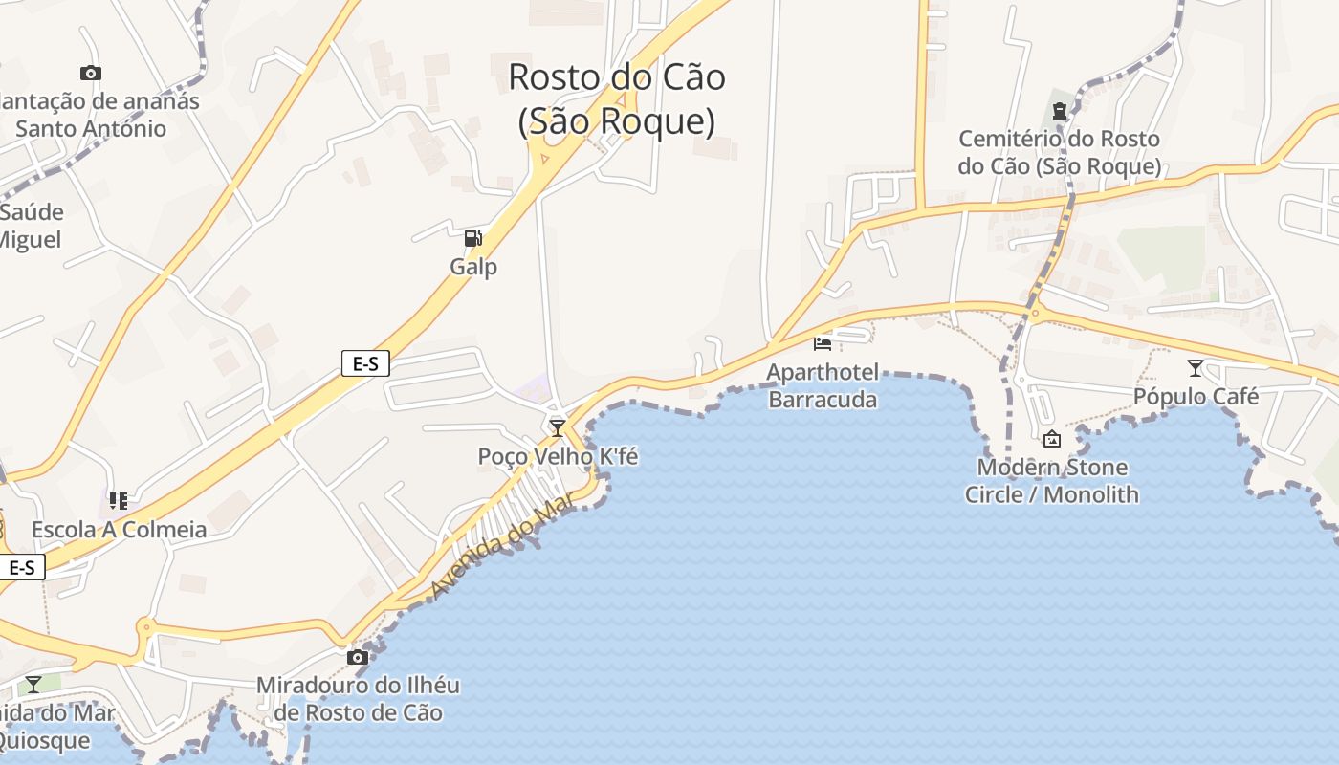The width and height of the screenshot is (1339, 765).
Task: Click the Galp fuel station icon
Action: [x=472, y=238]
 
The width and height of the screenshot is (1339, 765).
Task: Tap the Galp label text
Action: [x=473, y=266]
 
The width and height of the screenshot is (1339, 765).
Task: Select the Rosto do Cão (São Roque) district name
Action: [x=617, y=98]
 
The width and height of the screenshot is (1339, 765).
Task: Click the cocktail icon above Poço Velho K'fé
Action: [x=557, y=427]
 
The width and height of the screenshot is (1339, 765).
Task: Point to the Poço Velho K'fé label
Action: [x=558, y=457]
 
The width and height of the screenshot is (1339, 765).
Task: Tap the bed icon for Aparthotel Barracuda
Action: [x=823, y=342]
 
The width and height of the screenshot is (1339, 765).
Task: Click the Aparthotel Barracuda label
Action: [x=823, y=385]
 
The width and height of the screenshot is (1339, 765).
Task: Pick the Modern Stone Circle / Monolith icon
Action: [x=1052, y=439]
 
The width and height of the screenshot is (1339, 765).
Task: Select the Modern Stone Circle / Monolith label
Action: [x=1052, y=481]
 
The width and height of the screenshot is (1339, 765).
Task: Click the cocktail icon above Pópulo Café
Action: [x=1195, y=367]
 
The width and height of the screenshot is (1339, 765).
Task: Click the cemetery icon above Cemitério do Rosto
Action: [x=1059, y=111]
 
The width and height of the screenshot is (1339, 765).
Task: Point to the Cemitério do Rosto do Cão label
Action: [x=1059, y=153]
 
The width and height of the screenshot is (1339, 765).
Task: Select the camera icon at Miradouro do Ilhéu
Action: [x=357, y=657]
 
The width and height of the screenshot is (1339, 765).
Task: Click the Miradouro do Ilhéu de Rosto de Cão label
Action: [x=358, y=699]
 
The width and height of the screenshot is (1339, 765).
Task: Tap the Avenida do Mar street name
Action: [x=501, y=546]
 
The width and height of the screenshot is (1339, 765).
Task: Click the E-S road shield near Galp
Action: [x=365, y=363]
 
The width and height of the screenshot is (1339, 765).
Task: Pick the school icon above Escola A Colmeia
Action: [x=119, y=500]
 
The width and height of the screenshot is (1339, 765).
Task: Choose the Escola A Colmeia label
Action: [x=119, y=529]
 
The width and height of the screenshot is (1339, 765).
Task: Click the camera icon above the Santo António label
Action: [x=91, y=73]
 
